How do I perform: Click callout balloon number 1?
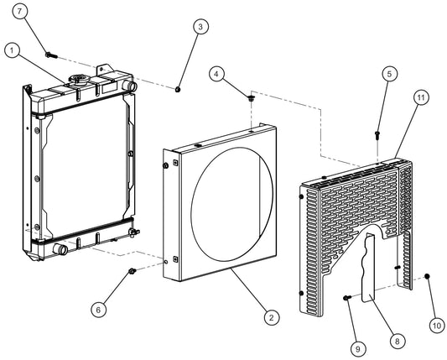[11, 50]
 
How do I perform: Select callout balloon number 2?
[270, 317]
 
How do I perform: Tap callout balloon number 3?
[200, 27]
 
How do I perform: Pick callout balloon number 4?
[217, 74]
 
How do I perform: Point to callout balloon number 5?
[388, 74]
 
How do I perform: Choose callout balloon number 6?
[98, 310]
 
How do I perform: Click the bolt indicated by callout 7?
[52, 55]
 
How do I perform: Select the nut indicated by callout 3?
[179, 87]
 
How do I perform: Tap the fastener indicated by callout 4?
[251, 99]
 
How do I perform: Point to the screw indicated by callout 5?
[377, 133]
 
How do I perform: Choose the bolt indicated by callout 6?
[133, 270]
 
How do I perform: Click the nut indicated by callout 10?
[427, 276]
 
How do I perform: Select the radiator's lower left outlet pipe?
[60, 249]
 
